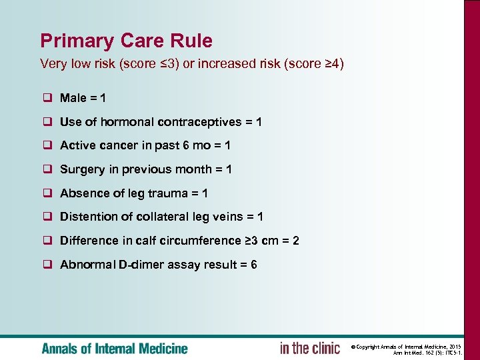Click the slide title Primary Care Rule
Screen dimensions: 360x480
point(126,41)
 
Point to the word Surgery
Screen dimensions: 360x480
point(82,169)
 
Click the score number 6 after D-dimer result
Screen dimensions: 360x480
point(253,265)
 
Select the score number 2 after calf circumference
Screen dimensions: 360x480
point(295,241)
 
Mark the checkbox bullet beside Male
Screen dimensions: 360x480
point(49,99)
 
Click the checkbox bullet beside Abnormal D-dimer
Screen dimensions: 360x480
point(49,265)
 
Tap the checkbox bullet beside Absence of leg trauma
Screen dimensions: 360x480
point(49,193)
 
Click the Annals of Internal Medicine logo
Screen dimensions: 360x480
point(115,348)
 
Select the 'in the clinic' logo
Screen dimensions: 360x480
point(309,348)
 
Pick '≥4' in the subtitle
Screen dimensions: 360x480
point(331,64)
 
